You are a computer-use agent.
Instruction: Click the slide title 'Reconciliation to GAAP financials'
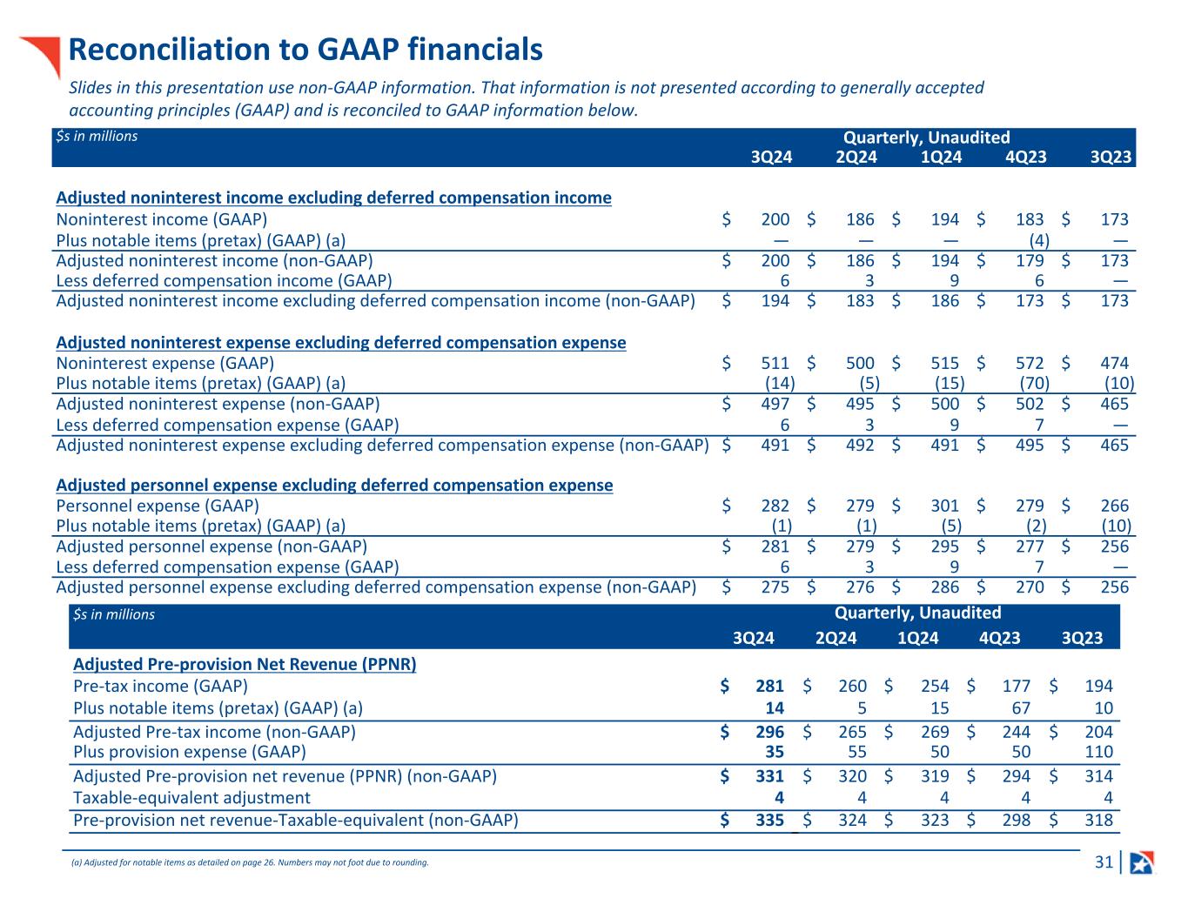[305, 50]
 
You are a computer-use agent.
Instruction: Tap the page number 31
[1104, 862]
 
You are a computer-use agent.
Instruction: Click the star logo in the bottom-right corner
[1141, 862]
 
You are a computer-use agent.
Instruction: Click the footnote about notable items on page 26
[251, 863]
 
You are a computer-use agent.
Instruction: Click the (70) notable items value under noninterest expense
[1034, 383]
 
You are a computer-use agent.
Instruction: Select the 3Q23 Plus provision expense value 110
[1098, 752]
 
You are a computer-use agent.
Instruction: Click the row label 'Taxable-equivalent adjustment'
[191, 797]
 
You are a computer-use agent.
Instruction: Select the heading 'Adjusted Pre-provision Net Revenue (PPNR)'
[245, 664]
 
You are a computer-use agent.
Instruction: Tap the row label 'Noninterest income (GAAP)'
[162, 219]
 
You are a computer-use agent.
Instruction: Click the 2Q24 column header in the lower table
[836, 638]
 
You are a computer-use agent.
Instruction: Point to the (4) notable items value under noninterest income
[1038, 239]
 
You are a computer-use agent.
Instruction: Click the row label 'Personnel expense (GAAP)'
[158, 506]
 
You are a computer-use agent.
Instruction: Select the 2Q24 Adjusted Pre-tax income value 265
[852, 732]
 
